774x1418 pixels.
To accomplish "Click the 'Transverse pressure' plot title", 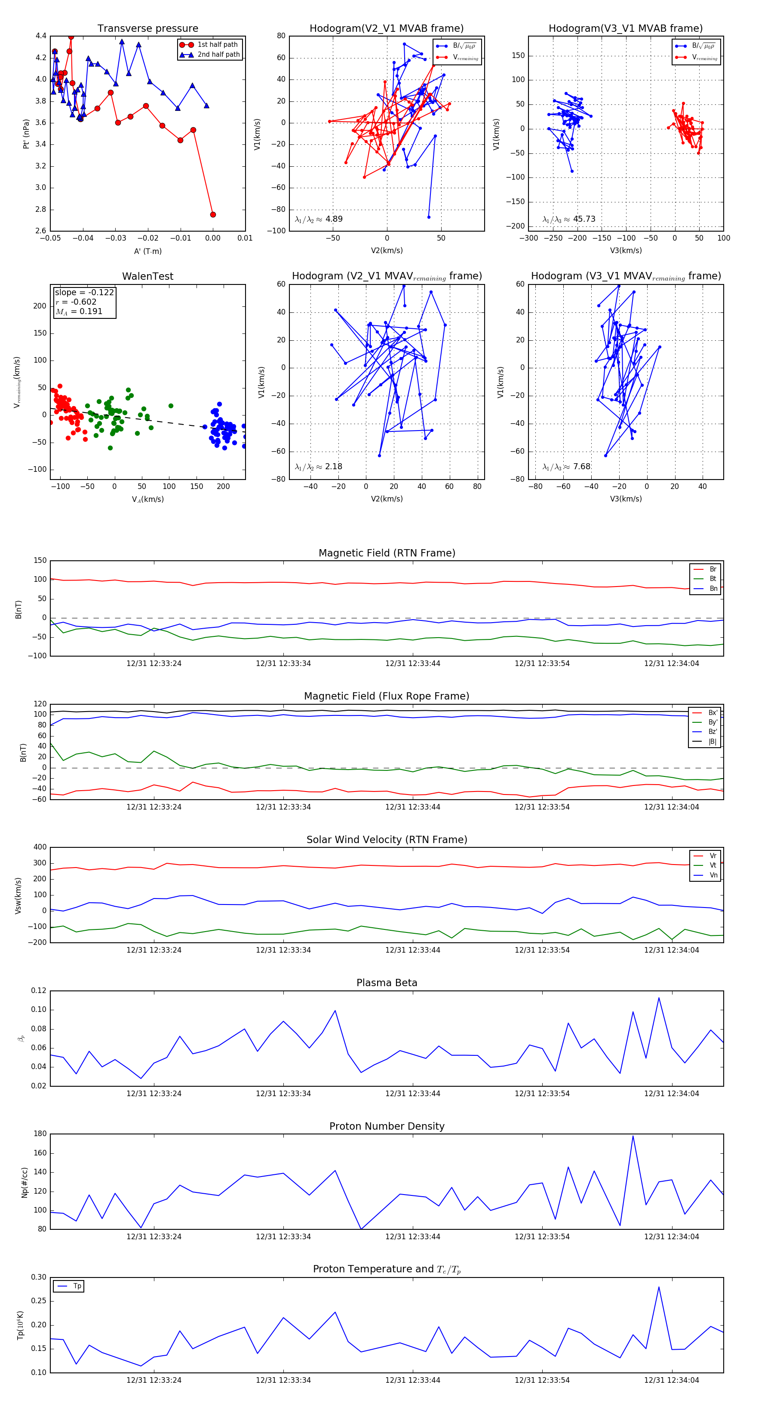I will (x=147, y=29).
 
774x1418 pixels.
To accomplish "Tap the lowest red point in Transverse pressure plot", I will (x=213, y=215).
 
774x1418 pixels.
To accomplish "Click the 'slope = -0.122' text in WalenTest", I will (x=84, y=292).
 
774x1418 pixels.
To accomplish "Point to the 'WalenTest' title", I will (x=147, y=276).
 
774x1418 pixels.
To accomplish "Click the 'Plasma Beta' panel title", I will (x=387, y=983).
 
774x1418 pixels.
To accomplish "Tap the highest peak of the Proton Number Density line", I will (x=633, y=1136).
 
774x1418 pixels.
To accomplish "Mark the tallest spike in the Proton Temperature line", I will (x=658, y=1287).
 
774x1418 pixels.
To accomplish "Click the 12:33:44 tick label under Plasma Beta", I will (x=413, y=1093).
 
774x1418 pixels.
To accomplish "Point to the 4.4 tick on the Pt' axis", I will (x=41, y=36).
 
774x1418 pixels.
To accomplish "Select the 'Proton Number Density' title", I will (x=387, y=1126).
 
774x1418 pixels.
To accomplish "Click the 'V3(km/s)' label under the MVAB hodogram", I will (x=625, y=251).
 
